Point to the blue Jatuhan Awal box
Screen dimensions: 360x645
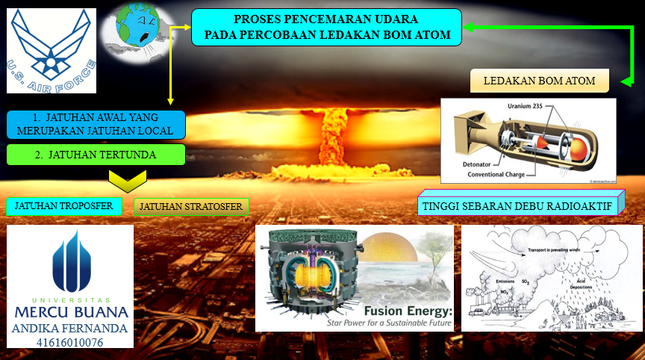pos(95,124)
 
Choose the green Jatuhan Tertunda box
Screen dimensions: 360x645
pos(95,155)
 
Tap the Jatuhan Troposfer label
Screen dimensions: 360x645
pos(63,205)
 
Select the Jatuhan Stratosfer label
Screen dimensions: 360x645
pos(191,206)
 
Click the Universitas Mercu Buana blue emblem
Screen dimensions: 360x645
pos(70,262)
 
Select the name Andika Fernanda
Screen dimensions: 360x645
pos(70,327)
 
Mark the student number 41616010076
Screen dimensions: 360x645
pos(70,342)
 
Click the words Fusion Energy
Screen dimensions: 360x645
pos(408,311)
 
